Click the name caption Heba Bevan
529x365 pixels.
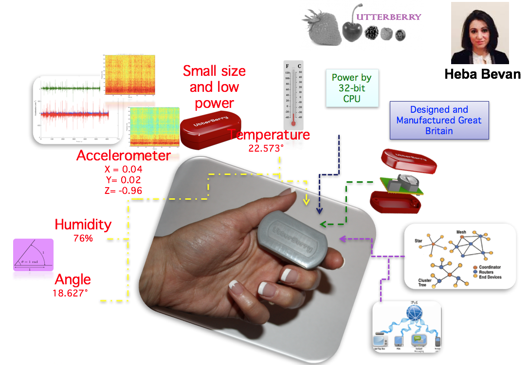tap(482, 74)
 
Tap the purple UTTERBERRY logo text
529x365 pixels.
tap(388, 17)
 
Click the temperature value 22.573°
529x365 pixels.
tap(266, 148)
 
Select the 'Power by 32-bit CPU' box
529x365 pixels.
tap(352, 87)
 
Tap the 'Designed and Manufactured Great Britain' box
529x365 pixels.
tap(439, 121)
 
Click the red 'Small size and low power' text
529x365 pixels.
tap(214, 87)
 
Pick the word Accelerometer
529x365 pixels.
tap(124, 156)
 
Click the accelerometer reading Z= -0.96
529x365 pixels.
tap(123, 191)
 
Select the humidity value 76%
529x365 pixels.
tap(83, 239)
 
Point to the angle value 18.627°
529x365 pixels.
tap(73, 293)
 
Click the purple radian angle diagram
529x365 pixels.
tap(33, 255)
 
